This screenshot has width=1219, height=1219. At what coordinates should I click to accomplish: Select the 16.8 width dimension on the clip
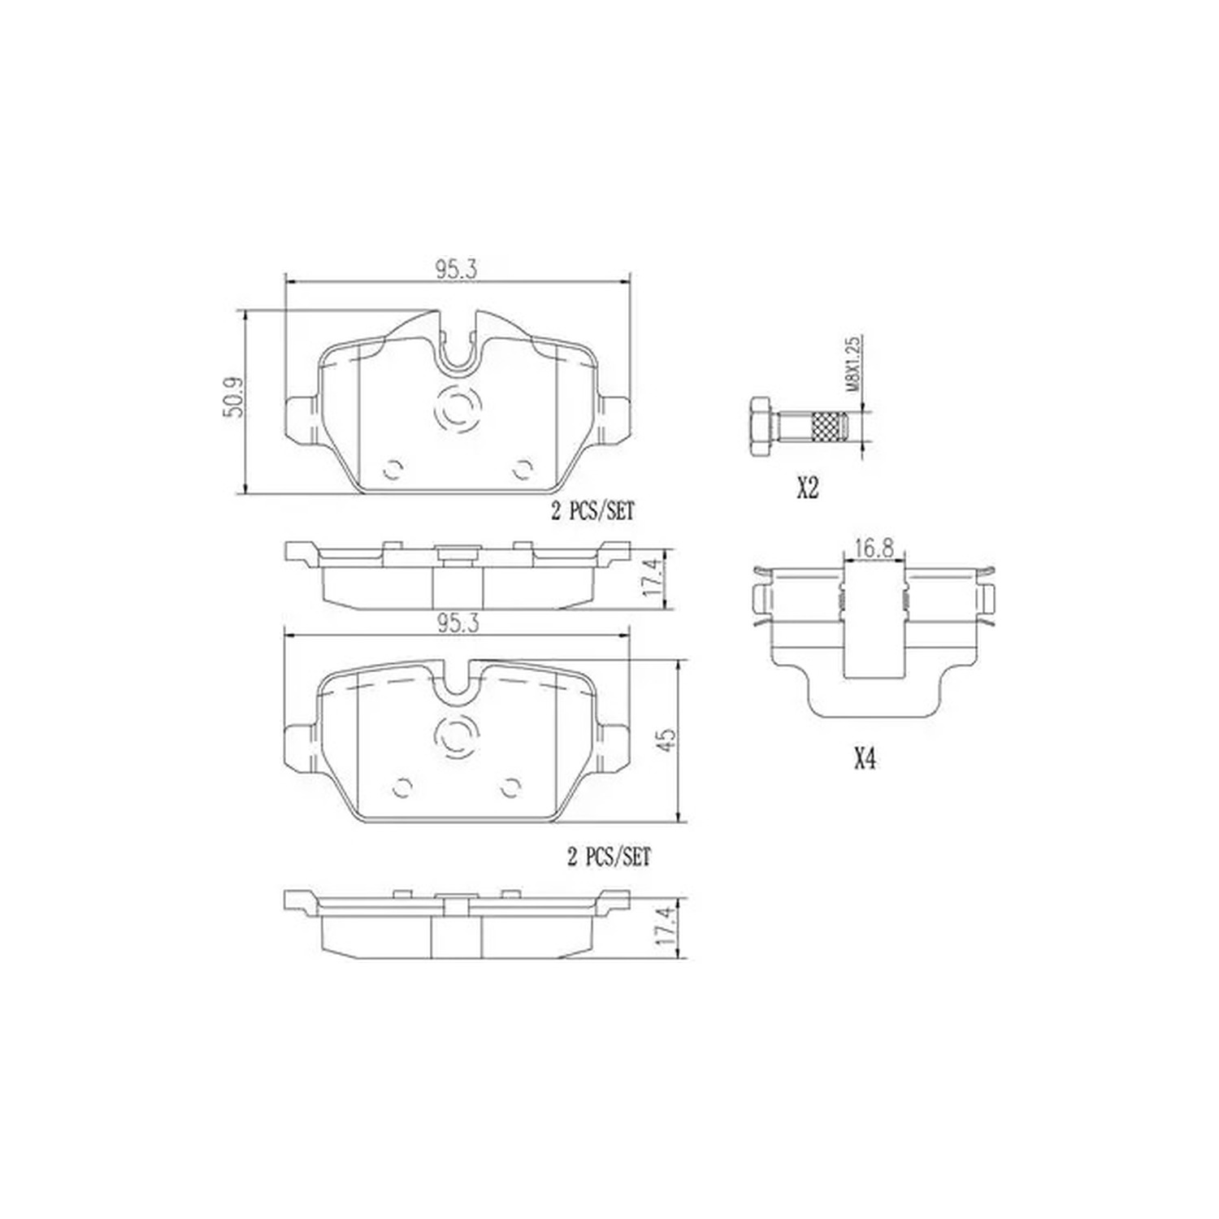874,549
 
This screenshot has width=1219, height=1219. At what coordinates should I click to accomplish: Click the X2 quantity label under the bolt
807,489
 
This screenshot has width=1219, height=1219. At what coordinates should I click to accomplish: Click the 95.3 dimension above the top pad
456,271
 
